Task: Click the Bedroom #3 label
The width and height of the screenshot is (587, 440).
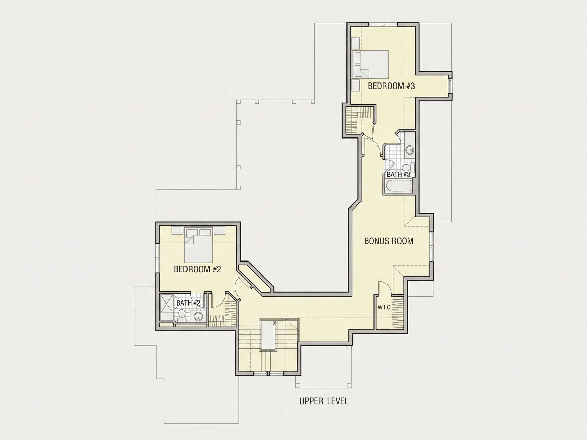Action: tap(391, 86)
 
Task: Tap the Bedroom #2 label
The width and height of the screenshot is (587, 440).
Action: tap(197, 269)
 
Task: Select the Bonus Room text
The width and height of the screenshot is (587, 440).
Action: tap(389, 241)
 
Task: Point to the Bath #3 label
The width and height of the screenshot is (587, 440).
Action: tap(398, 174)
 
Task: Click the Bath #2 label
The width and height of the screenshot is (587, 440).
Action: tap(188, 303)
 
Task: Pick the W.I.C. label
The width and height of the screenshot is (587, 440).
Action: tap(384, 308)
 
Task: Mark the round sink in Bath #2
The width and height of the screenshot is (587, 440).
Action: tap(198, 316)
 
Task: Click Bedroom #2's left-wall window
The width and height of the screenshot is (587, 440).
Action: tap(157, 257)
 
